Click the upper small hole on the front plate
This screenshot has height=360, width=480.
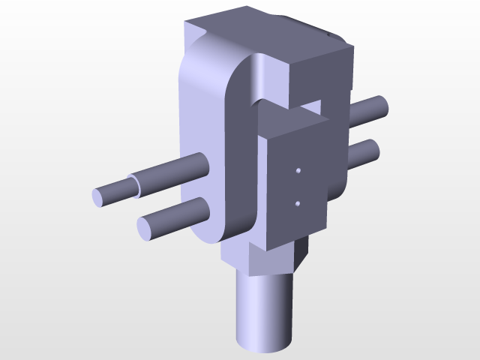click(298, 171)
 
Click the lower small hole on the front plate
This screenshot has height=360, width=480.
click(298, 202)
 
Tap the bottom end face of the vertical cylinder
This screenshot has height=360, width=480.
click(262, 345)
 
